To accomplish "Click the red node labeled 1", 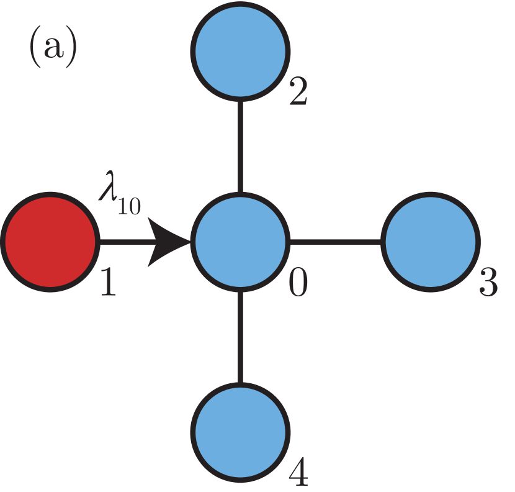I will pyautogui.click(x=50, y=241).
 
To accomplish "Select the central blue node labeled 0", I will pyautogui.click(x=241, y=241).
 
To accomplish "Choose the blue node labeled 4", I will pyautogui.click(x=241, y=431).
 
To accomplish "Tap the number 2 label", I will pyautogui.click(x=298, y=93).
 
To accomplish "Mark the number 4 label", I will pyautogui.click(x=298, y=473).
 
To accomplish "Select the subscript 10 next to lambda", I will pyautogui.click(x=129, y=206).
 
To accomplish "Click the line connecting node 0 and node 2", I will pyautogui.click(x=241, y=145).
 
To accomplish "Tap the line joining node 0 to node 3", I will pyautogui.click(x=336, y=241).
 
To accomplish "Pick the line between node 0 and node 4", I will pyautogui.click(x=241, y=336).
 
